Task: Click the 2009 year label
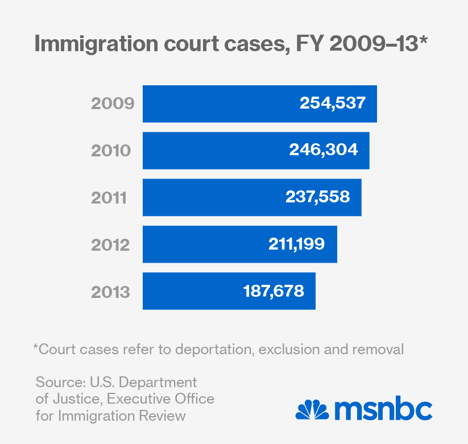click(x=113, y=104)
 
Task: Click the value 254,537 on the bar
click(x=332, y=103)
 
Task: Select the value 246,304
click(x=324, y=150)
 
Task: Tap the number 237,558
click(x=317, y=197)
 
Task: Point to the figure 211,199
click(x=296, y=244)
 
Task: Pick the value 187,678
click(x=274, y=291)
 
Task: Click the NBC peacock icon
click(x=312, y=410)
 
